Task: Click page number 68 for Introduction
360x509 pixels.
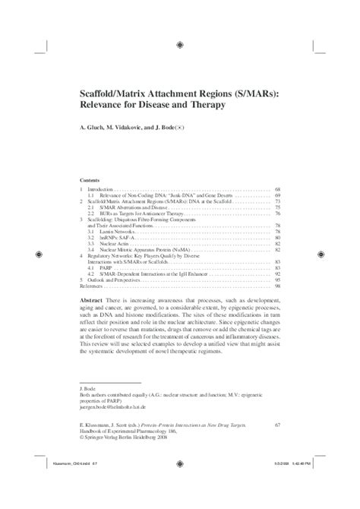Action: pyautogui.click(x=278, y=188)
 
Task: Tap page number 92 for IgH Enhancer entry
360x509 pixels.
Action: pyautogui.click(x=278, y=273)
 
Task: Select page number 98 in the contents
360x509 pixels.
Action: pyautogui.click(x=278, y=286)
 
